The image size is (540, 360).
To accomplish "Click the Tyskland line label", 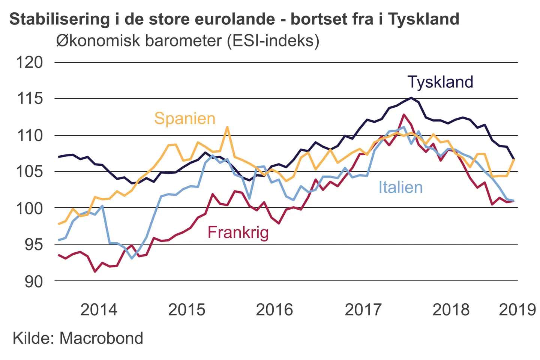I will (440, 82).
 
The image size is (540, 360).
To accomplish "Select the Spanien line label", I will (184, 118).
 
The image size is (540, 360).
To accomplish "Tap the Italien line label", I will (400, 187).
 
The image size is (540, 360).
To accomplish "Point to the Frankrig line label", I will (238, 232).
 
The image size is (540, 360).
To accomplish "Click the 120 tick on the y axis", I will (29, 62).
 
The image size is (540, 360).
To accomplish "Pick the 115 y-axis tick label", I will (29, 99).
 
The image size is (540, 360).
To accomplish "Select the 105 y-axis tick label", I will (29, 172).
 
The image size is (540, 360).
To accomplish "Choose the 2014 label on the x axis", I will (99, 310).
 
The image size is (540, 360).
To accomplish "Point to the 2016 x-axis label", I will (274, 310).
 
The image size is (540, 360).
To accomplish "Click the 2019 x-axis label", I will (517, 310).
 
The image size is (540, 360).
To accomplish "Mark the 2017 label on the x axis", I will (363, 310).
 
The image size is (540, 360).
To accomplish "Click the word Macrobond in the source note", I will (101, 338).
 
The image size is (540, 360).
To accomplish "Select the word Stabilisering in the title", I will (60, 19).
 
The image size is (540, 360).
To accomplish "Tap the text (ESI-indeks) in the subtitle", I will (273, 40).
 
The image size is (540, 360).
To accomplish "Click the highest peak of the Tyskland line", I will (411, 98).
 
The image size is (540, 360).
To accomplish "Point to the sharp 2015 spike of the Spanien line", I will (227, 127).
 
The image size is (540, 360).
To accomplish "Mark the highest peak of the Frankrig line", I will (404, 115).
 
